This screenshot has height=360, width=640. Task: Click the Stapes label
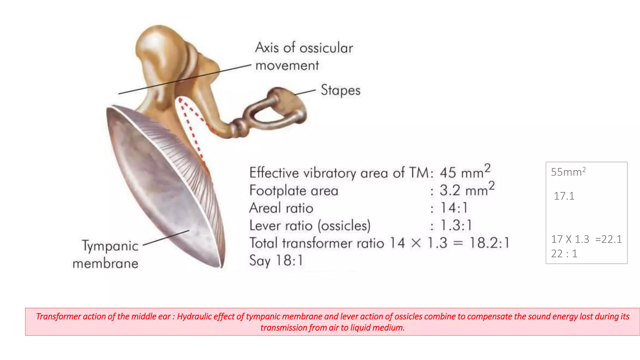coord(340,90)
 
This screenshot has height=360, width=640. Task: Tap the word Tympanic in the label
coord(110,246)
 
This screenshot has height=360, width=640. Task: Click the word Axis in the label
coord(267,47)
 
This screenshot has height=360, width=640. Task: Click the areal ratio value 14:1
coord(454,208)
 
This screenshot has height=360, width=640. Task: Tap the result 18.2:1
coord(489,243)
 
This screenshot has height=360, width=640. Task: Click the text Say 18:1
coord(276,261)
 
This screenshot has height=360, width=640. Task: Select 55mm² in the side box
coord(568,172)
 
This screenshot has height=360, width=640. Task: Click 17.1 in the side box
coord(564,196)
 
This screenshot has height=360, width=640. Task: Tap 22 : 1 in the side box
coord(564,253)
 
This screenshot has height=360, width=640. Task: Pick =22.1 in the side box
coord(608,239)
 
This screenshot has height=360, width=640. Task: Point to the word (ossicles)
coord(344,225)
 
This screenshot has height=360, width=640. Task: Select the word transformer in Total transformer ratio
coord(333,243)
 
